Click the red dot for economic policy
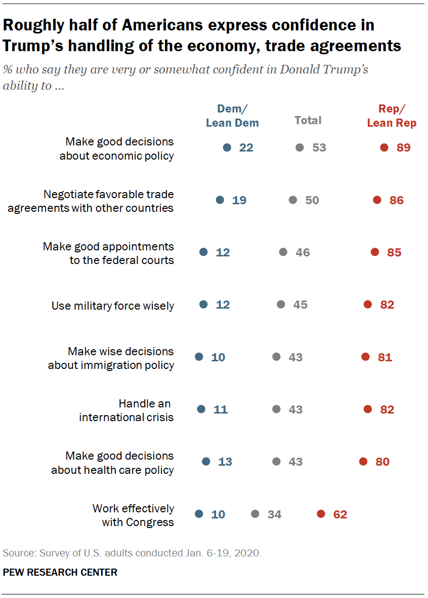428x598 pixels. point(384,147)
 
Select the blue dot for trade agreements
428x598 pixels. point(220,200)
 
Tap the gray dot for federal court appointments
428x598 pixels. point(283,252)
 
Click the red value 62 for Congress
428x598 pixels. point(340,514)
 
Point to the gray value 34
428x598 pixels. point(274,514)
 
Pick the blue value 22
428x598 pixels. point(246,147)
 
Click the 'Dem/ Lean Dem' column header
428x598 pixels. point(232,116)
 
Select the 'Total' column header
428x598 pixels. point(308,120)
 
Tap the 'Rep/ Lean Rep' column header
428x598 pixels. point(392,116)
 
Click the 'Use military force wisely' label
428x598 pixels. point(113,306)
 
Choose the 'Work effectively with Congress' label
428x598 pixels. point(133,515)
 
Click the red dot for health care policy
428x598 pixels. point(363,462)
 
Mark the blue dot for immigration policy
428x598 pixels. point(199,357)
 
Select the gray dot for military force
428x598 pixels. point(281,305)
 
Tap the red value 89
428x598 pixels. point(403,147)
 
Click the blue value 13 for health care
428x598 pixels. point(225,462)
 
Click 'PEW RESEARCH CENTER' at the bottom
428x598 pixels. point(60,572)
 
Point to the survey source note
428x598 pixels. point(132,552)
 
